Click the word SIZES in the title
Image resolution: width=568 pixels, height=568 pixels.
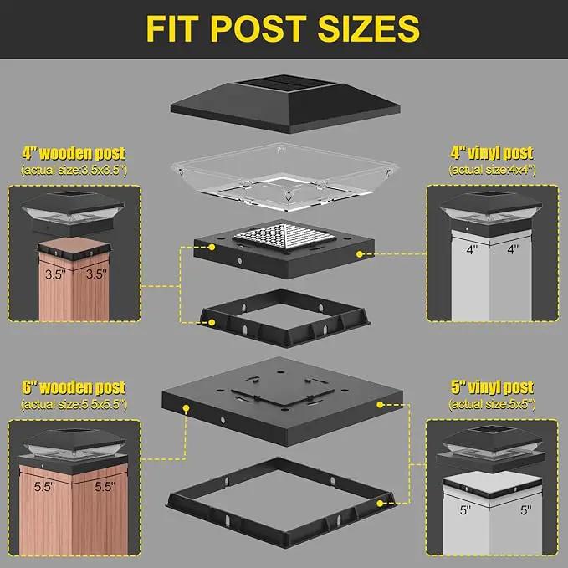(x=368, y=29)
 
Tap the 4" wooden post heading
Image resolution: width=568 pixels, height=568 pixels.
(x=74, y=153)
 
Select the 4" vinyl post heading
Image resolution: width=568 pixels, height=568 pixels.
(x=492, y=153)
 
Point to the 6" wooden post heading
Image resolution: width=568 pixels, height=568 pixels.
(x=74, y=387)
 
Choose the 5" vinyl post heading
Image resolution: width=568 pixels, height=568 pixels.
(x=492, y=387)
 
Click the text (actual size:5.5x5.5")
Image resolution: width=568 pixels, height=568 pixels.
(x=74, y=404)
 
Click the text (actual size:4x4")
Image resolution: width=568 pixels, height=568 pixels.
(x=492, y=170)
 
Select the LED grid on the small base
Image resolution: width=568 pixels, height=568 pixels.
(x=284, y=236)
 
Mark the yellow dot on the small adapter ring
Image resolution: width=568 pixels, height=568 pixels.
(x=212, y=322)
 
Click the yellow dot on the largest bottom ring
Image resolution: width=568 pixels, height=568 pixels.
(x=380, y=504)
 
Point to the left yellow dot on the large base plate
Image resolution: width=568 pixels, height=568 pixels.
(x=186, y=408)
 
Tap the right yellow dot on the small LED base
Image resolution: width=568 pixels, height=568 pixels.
(x=359, y=254)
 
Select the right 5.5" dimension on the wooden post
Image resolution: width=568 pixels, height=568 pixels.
(x=105, y=487)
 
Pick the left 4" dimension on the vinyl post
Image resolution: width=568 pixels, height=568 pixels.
(x=472, y=249)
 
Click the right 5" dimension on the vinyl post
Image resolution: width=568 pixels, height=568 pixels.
(x=526, y=510)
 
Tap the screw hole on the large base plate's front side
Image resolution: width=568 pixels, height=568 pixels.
(x=223, y=421)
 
